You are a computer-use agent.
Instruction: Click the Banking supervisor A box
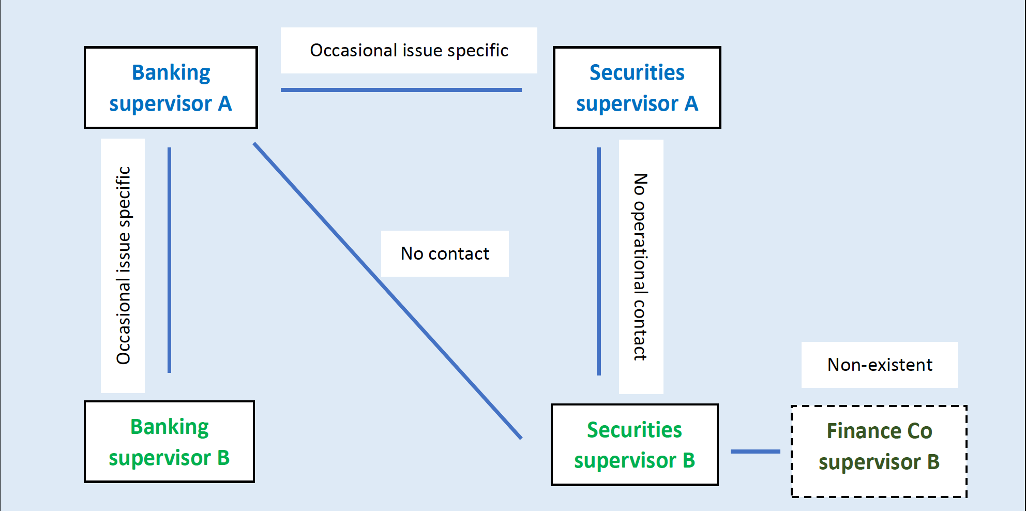point(171,87)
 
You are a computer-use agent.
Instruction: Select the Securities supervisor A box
point(637,87)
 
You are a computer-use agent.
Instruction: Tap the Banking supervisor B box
point(169,442)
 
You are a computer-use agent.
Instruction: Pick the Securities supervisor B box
point(635,445)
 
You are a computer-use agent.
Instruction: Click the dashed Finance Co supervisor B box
point(879,452)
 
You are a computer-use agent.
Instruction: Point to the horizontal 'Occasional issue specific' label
point(409,50)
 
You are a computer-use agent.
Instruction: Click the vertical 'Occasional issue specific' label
point(123,265)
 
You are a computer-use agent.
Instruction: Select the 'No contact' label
point(445,253)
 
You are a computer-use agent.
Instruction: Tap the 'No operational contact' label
point(641,267)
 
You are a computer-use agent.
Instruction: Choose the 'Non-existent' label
point(880,365)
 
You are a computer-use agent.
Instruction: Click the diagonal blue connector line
point(387,291)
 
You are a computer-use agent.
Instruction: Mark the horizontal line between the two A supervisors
point(401,90)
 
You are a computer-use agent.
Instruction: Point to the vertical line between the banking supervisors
point(169,260)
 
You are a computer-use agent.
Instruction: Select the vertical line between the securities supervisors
point(599,261)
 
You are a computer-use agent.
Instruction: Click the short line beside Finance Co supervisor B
point(755,452)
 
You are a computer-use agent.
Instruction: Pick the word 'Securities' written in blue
point(637,72)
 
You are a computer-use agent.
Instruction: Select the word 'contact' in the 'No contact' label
point(459,254)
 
